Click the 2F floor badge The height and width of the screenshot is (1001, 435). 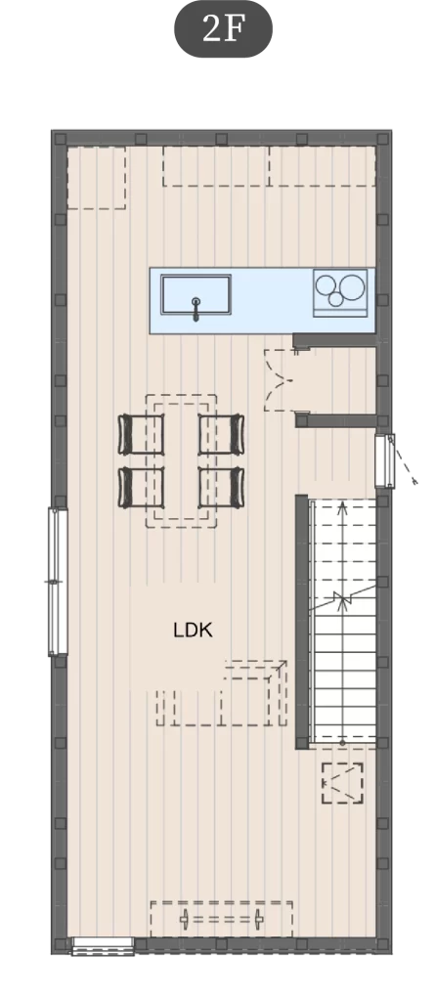click(223, 28)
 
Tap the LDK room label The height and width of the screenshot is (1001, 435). click(193, 631)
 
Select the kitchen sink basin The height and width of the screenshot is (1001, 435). click(196, 293)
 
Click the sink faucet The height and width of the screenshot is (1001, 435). click(196, 308)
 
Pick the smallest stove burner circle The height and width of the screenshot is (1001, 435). click(336, 298)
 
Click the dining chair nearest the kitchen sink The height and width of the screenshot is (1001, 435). click(141, 434)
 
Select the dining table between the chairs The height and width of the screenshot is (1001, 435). click(181, 461)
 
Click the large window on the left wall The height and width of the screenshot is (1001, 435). click(58, 582)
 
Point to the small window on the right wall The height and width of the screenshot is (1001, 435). click(384, 461)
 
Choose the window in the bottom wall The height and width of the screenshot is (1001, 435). click(103, 945)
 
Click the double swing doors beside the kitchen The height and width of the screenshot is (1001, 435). click(279, 380)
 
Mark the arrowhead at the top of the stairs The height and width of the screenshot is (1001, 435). click(343, 507)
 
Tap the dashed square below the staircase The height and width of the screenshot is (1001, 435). click(343, 783)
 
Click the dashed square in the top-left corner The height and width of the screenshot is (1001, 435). click(96, 178)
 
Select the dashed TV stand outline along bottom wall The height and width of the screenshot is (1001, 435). click(221, 919)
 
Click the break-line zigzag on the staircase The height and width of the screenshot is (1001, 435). click(343, 599)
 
